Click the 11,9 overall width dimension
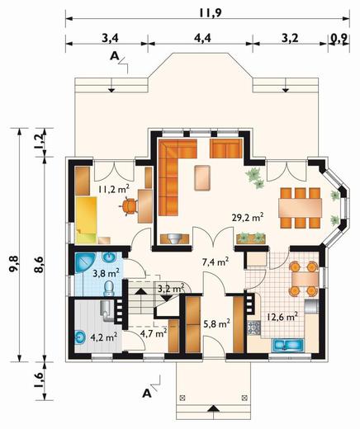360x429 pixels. [x=211, y=12]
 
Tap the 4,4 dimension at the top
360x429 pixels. [x=202, y=38]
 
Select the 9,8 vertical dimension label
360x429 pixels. [x=13, y=263]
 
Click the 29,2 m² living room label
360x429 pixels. [x=248, y=217]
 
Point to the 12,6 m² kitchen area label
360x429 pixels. [x=282, y=317]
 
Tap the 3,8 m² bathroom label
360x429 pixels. [x=106, y=273]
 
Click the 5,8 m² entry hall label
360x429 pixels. [x=216, y=324]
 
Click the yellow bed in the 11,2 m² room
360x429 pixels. [x=86, y=219]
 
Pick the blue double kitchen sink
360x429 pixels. [x=287, y=346]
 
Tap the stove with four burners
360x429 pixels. [x=254, y=328]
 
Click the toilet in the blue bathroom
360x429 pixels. [x=109, y=289]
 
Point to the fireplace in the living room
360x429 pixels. [x=174, y=238]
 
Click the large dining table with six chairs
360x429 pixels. [x=300, y=208]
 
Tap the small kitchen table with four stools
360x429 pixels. [x=305, y=279]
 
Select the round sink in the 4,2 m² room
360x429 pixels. [x=81, y=337]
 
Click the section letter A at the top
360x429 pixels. [x=115, y=56]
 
